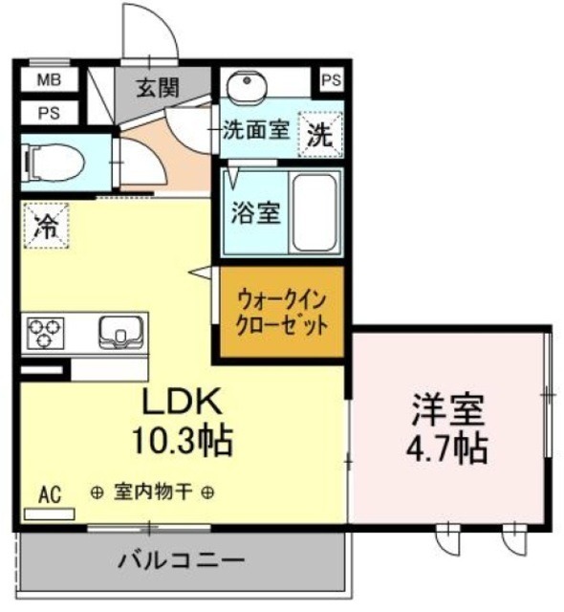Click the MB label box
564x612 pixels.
tap(46, 81)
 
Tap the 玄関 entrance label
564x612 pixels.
tap(157, 88)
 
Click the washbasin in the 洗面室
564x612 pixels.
tap(249, 87)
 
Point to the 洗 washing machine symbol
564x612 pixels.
tap(321, 133)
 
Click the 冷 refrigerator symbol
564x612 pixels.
tap(45, 228)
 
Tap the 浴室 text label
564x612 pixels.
tap(255, 212)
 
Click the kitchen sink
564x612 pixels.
tap(119, 331)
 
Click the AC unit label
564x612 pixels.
tap(50, 494)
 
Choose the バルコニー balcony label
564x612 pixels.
tap(182, 560)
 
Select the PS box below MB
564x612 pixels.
tap(46, 113)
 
